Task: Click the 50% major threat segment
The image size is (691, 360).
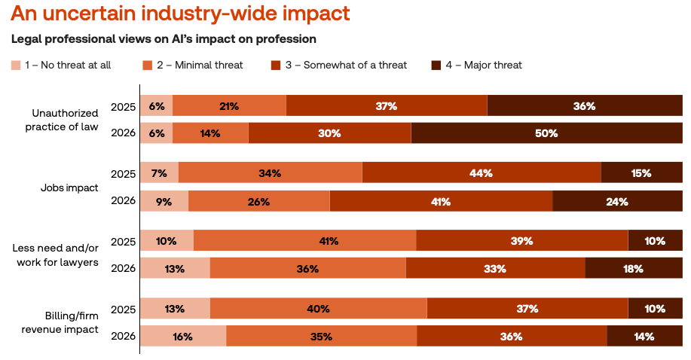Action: point(547,133)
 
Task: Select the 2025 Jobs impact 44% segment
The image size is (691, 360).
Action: point(482,174)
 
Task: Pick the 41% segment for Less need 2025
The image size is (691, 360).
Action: point(304,242)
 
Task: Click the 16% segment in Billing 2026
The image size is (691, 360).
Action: point(183,337)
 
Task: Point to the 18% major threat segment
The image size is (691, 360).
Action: point(634,269)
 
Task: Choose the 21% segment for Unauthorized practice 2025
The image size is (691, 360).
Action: point(229,106)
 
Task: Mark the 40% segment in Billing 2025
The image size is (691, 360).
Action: point(318,310)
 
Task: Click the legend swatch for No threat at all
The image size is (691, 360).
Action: point(15,66)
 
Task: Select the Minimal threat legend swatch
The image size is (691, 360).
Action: point(147,66)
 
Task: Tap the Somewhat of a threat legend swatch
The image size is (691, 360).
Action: point(276,66)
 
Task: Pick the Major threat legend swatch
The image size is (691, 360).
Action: point(436,66)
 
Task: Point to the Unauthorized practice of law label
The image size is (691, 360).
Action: point(65,120)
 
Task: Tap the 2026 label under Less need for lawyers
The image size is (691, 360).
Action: point(122,269)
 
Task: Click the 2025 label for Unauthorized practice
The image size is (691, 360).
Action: point(122,106)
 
